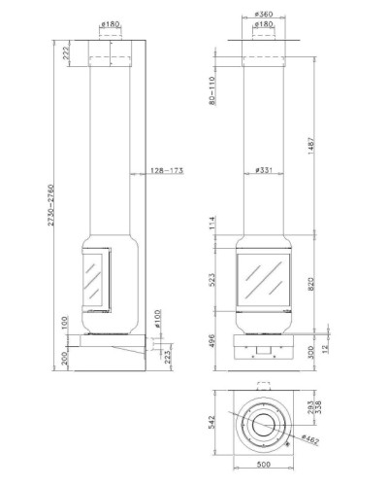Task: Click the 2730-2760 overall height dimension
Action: [x=50, y=205]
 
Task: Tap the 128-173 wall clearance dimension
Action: [x=167, y=170]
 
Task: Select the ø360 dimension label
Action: [x=264, y=14]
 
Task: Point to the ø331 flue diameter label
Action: [x=264, y=170]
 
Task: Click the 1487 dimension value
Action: [x=311, y=146]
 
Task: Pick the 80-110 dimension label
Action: [x=212, y=90]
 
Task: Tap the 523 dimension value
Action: [x=212, y=280]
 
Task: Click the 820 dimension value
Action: [x=311, y=284]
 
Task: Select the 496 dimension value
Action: [x=212, y=341]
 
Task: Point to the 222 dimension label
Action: [x=66, y=52]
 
